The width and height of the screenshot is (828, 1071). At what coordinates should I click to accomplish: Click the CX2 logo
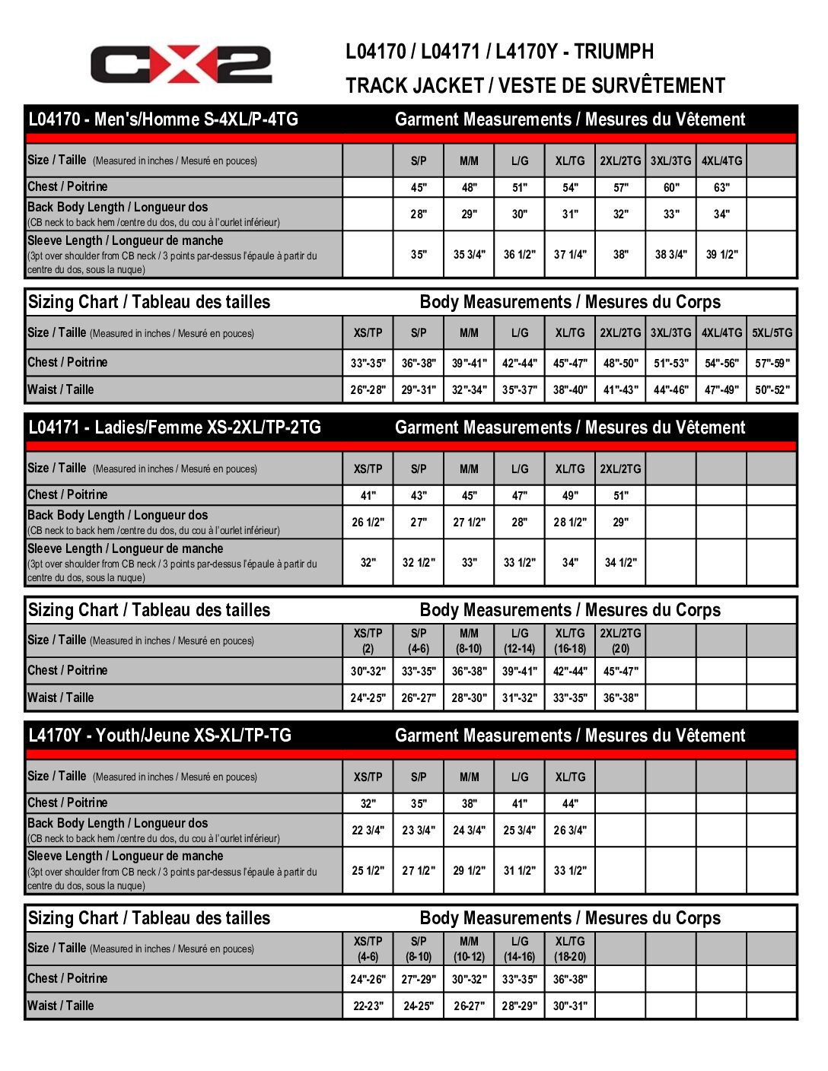(181, 65)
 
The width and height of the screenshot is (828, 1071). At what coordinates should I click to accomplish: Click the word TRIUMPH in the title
(613, 52)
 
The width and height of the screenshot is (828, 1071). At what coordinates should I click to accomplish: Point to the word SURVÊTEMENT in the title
(658, 86)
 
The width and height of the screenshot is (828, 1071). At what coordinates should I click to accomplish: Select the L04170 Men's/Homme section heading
(163, 119)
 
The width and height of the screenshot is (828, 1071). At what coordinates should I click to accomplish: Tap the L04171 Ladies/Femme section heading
(174, 427)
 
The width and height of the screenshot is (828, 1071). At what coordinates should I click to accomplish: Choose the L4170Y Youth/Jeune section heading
(160, 736)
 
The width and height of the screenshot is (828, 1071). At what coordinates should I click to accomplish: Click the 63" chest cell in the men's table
(721, 187)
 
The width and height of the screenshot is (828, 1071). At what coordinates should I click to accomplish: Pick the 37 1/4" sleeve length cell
(570, 255)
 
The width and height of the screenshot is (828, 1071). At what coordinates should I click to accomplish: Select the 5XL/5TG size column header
(772, 333)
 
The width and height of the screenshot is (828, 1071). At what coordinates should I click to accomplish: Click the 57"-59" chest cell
(772, 364)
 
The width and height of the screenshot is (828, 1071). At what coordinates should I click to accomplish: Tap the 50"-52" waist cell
(772, 390)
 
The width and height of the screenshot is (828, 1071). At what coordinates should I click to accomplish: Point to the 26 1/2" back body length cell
(368, 523)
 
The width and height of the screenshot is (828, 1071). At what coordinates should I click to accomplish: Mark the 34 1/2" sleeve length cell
(620, 563)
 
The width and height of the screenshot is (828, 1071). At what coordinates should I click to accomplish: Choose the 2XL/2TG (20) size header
(620, 641)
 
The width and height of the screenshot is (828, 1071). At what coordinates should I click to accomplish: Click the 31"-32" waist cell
(519, 698)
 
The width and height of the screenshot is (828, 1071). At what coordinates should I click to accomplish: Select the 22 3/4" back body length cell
(368, 831)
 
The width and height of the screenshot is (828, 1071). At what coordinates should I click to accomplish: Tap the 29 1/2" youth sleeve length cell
(469, 871)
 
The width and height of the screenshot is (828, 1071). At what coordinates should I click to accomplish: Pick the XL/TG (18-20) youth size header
(570, 949)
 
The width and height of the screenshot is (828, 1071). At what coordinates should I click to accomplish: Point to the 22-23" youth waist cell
(368, 1006)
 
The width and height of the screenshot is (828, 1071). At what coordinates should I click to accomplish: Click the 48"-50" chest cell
(620, 364)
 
